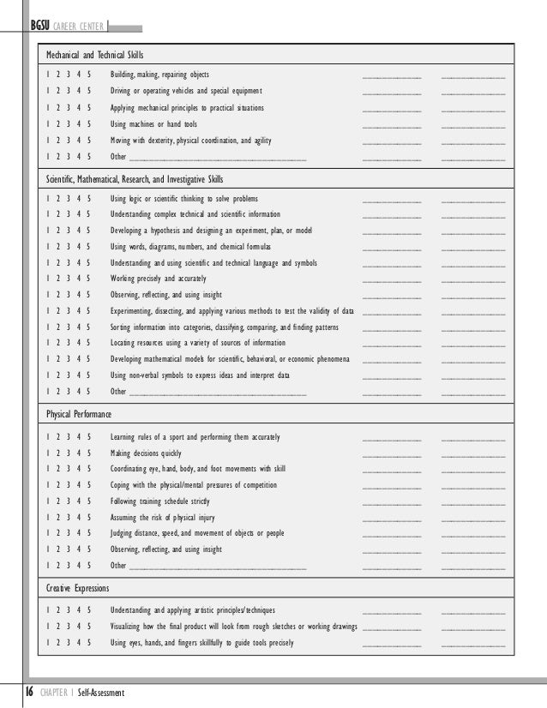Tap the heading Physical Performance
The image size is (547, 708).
pos(79,414)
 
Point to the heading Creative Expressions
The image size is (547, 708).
pos(78,589)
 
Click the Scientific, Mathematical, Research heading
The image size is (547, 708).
pos(135,179)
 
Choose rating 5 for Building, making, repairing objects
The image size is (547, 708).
pos(89,75)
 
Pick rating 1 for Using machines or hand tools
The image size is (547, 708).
pos(48,124)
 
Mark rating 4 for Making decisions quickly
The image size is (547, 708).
pos(79,453)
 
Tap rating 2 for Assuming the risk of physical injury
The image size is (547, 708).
pos(58,518)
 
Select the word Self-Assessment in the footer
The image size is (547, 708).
pos(101,693)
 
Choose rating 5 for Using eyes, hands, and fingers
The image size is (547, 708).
pos(89,643)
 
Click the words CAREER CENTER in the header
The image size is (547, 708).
pos(79,26)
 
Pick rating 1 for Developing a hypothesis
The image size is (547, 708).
pos(48,231)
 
